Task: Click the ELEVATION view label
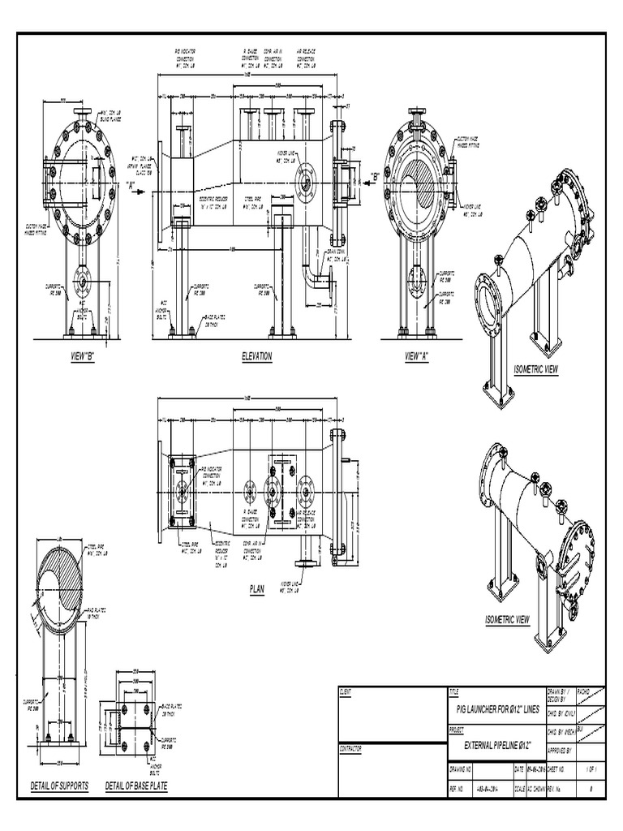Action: [x=256, y=356]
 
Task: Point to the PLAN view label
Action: [x=256, y=591]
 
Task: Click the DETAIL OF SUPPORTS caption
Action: [x=59, y=786]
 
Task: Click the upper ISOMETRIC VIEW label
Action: [x=536, y=369]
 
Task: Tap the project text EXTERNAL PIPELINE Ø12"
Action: [x=496, y=744]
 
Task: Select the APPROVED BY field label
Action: [x=561, y=750]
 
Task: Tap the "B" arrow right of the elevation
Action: [x=375, y=176]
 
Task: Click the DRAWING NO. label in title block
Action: [x=462, y=768]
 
